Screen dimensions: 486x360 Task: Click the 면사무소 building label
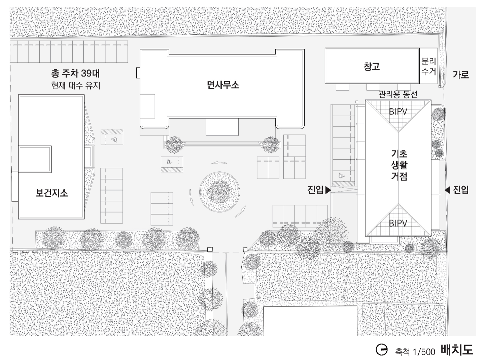pyautogui.click(x=223, y=85)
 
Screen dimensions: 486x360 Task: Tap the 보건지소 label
pyautogui.click(x=51, y=193)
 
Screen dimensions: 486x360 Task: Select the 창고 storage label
pyautogui.click(x=372, y=66)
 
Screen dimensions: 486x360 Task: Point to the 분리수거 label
pyautogui.click(x=428, y=66)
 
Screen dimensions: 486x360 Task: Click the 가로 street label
pyautogui.click(x=461, y=74)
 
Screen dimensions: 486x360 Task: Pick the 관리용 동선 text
pyautogui.click(x=398, y=94)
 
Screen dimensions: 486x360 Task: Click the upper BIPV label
pyautogui.click(x=398, y=111)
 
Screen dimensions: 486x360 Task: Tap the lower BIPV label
pyautogui.click(x=398, y=223)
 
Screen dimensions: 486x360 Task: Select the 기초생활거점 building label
pyautogui.click(x=399, y=165)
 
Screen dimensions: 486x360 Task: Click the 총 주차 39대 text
pyautogui.click(x=75, y=73)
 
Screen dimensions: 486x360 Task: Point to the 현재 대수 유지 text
pyautogui.click(x=76, y=86)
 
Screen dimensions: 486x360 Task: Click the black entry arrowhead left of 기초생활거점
pyautogui.click(x=328, y=190)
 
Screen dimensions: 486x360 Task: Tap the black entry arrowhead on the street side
pyautogui.click(x=447, y=190)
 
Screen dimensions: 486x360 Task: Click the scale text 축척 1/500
pyautogui.click(x=415, y=352)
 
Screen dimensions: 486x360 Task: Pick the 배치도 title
pyautogui.click(x=457, y=350)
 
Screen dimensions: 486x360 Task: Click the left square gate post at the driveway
pyautogui.click(x=210, y=249)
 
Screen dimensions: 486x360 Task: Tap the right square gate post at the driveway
pyautogui.click(x=245, y=250)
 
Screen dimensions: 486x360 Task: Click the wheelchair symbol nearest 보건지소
pyautogui.click(x=114, y=140)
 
